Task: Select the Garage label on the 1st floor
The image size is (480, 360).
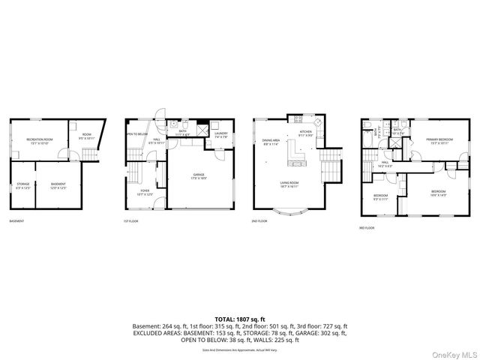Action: point(198,177)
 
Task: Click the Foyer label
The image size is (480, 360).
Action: point(144,193)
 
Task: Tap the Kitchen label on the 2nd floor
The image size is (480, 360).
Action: point(305,133)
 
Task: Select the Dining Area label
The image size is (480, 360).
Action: point(271,142)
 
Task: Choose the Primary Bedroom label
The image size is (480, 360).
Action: point(439,141)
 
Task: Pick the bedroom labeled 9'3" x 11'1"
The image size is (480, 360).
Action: point(381,197)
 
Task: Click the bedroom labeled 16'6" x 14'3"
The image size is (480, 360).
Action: point(438,193)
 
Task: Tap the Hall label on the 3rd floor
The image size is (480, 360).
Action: point(384,163)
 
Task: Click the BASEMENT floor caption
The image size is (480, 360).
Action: point(16,221)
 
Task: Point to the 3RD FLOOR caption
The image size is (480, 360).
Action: point(367,227)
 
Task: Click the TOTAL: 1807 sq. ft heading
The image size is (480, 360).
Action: point(240,319)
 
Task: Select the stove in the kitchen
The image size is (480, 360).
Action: point(317,122)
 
